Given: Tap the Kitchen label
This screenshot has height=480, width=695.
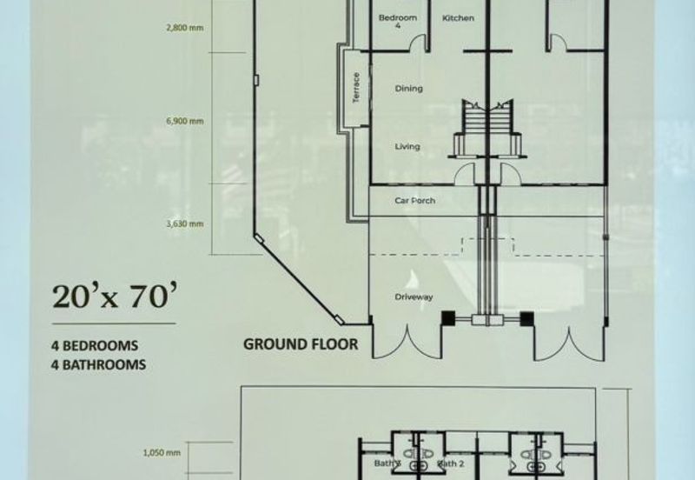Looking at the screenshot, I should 458,18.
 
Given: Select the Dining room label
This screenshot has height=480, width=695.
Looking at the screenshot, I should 408,89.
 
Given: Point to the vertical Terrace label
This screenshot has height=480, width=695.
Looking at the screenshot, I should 355,90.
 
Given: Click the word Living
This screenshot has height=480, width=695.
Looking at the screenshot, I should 407,147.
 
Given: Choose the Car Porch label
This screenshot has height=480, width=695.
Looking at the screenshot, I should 414,201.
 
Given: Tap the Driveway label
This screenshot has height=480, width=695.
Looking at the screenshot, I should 414,297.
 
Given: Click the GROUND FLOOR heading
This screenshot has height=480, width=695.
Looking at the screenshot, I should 300,344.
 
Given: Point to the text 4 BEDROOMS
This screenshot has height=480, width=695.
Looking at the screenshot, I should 95,346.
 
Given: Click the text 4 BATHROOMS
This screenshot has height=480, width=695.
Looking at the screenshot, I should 97,365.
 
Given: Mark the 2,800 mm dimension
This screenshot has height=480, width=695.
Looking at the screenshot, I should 184,28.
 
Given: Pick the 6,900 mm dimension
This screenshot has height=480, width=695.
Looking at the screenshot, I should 184,121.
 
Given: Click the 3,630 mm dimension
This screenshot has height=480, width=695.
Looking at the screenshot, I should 184,223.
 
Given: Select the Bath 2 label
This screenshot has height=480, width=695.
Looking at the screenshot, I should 451,464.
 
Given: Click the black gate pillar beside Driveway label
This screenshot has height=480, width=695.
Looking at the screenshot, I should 448,319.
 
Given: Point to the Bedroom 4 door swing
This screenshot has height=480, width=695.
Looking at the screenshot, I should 420,42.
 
